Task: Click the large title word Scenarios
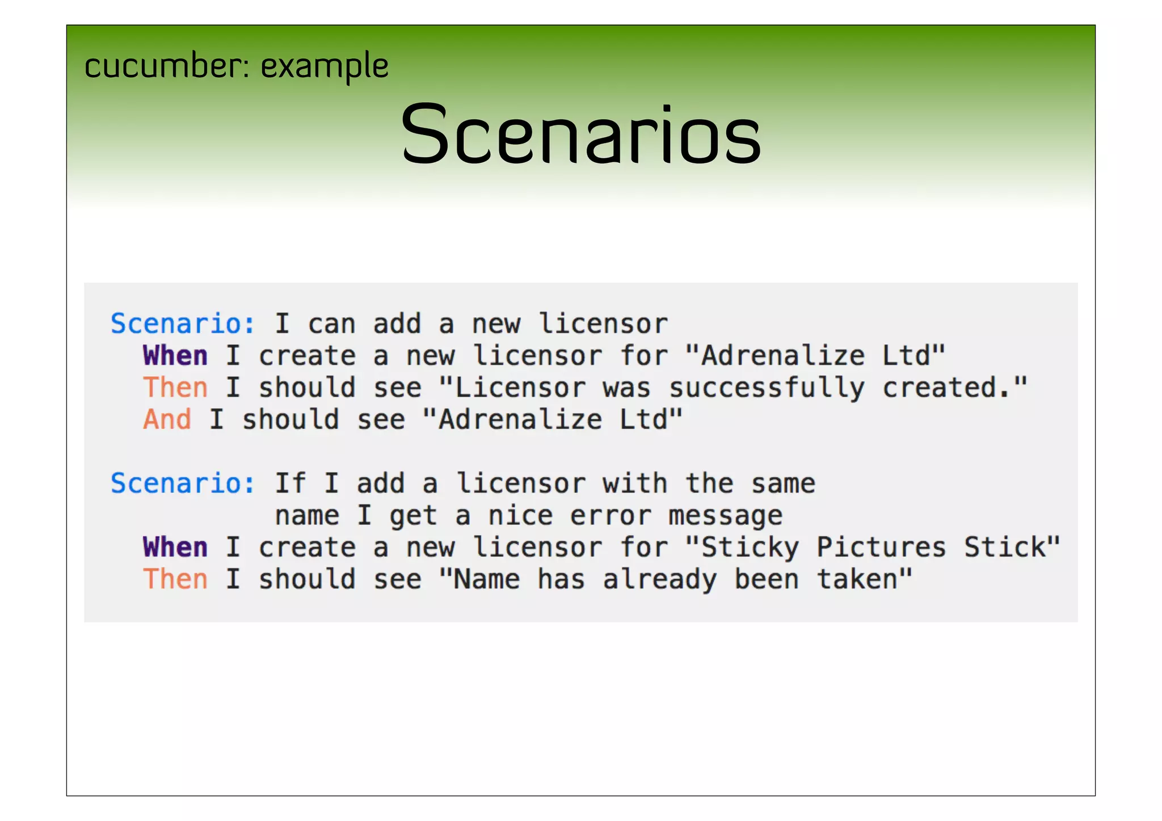coord(580,134)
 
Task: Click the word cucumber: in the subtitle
coord(167,66)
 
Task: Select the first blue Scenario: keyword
coord(183,324)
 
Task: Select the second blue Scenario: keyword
coord(183,484)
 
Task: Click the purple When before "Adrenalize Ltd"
coord(175,356)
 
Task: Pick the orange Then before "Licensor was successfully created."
coord(175,388)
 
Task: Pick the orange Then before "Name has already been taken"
coord(175,580)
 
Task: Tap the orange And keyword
coord(167,420)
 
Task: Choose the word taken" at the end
coord(865,580)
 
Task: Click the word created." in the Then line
coord(955,388)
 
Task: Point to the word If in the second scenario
coord(290,484)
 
